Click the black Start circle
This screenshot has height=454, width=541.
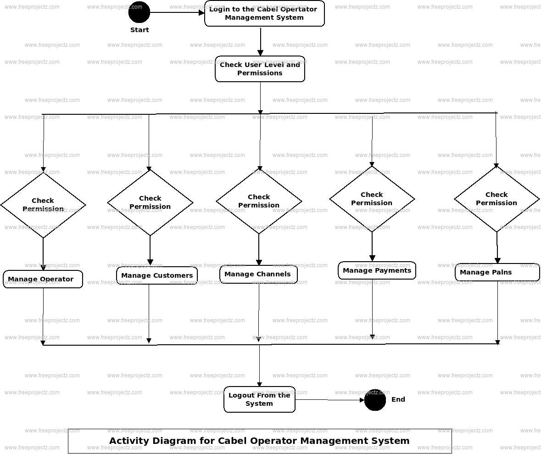click(x=139, y=12)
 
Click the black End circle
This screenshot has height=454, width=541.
click(x=375, y=400)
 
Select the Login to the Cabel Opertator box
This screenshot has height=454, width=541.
click(x=264, y=13)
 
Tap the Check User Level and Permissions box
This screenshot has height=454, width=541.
click(x=260, y=69)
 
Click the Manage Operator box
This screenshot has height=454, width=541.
click(x=43, y=279)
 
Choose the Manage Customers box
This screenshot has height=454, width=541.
click(x=157, y=275)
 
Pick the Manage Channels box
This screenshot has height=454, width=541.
click(x=258, y=275)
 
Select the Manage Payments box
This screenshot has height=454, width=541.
click(x=377, y=270)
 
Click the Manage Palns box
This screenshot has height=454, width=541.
click(x=497, y=272)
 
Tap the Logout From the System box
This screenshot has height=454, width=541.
click(x=259, y=399)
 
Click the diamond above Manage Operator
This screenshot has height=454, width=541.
click(x=43, y=205)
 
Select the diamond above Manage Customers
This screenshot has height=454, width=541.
click(x=150, y=202)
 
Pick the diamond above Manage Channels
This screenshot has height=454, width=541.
click(x=259, y=201)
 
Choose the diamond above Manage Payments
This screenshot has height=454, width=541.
click(x=372, y=199)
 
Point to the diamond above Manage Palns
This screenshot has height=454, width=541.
click(x=496, y=199)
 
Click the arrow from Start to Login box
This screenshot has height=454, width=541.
click(x=177, y=12)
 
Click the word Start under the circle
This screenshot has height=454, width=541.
click(x=139, y=30)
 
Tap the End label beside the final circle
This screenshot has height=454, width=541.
click(x=398, y=399)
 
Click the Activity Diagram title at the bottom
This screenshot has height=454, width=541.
click(x=259, y=441)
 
